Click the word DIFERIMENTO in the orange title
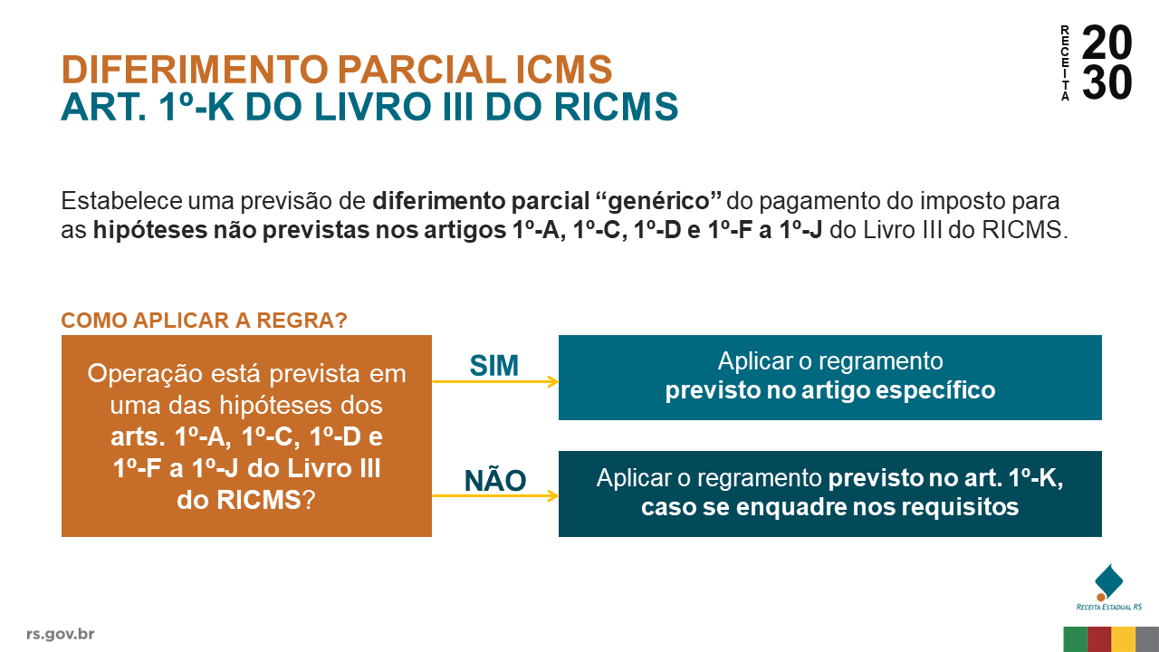195,70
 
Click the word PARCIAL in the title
422,70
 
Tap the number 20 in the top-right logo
1106,43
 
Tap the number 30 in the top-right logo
1106,81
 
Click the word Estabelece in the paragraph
121,200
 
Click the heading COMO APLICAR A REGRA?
204,321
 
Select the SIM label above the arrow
493,365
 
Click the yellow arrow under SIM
495,382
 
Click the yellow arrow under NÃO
495,495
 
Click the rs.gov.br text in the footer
61,634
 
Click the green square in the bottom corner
1076,639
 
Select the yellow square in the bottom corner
1124,639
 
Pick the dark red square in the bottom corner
1099,639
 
